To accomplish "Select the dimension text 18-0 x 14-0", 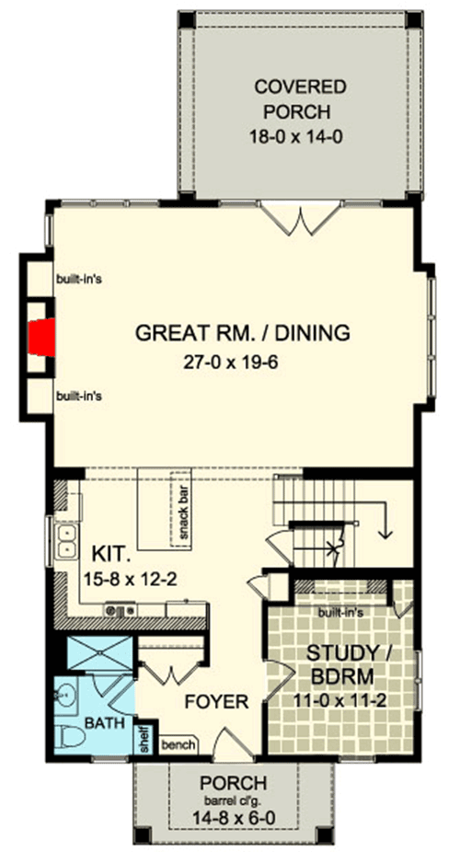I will click(300, 133).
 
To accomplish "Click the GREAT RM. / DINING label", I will click(242, 333).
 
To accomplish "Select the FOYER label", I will click(217, 702).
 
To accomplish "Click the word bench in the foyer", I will click(176, 744).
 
